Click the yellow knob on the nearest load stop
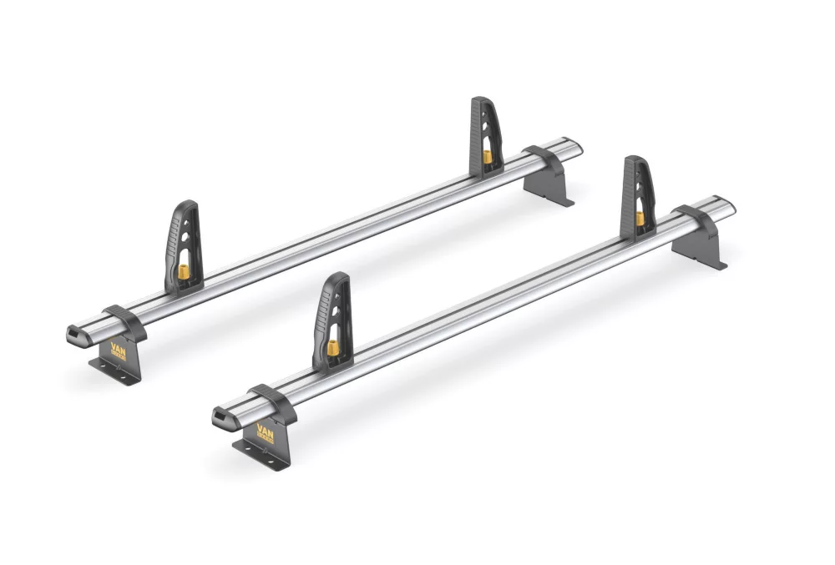click(x=332, y=348)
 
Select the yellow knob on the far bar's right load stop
click(x=486, y=157)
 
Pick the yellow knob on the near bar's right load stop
click(x=639, y=218)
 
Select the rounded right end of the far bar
click(x=576, y=147)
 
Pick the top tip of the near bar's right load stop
click(x=633, y=159)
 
